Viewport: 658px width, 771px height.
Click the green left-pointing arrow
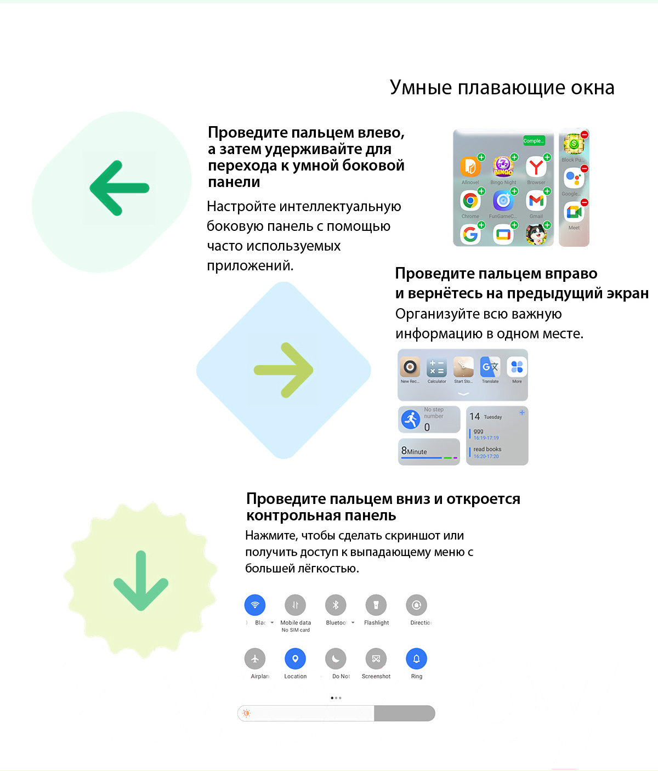click(120, 188)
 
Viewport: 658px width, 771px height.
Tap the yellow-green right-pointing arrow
click(283, 370)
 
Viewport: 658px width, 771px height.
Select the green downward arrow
click(141, 581)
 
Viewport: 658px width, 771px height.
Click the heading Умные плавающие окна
click(502, 88)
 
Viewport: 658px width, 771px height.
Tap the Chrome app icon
click(470, 201)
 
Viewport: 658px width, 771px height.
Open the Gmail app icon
click(536, 201)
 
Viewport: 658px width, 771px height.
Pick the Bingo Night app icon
click(503, 167)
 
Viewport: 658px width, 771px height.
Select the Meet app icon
click(574, 212)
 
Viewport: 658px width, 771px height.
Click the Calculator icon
click(436, 367)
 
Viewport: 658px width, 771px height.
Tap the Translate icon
click(490, 367)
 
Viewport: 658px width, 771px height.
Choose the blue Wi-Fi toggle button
click(255, 605)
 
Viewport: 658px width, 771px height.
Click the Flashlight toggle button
click(376, 605)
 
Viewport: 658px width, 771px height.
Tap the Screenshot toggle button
click(376, 659)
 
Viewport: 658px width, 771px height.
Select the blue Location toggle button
click(295, 659)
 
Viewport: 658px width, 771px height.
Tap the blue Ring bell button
click(417, 659)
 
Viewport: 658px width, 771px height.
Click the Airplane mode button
click(255, 659)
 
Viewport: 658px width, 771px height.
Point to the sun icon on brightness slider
click(247, 713)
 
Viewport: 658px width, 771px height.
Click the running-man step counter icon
click(411, 419)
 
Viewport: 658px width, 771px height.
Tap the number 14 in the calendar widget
click(474, 417)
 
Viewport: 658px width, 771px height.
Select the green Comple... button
click(534, 141)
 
